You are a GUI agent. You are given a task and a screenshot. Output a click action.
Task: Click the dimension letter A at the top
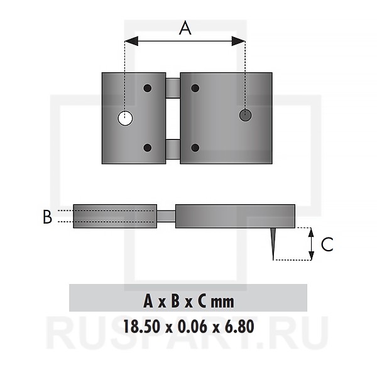tap(185, 28)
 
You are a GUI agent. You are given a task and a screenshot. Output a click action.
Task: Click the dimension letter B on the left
tap(47, 217)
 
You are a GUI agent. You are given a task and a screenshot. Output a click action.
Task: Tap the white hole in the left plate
tap(126, 117)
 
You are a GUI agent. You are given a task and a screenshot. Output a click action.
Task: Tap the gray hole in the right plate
tap(245, 114)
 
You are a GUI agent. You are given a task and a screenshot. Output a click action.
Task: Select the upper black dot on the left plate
tap(148, 88)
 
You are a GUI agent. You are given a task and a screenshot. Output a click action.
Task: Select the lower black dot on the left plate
tap(148, 148)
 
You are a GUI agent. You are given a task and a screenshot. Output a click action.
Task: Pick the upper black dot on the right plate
tap(195, 88)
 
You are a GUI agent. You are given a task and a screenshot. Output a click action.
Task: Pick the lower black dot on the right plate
tap(195, 148)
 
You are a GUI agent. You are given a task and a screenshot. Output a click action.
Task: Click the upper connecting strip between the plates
tap(173, 88)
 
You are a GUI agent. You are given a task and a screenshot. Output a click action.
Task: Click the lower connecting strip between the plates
tap(173, 149)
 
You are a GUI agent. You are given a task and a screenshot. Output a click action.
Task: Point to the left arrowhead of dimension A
tap(128, 41)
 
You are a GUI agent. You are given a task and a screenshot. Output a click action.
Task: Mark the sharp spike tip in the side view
tap(273, 257)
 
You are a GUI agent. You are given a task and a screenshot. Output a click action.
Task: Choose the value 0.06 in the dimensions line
tap(189, 327)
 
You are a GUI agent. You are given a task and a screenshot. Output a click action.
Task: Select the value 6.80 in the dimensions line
tap(236, 327)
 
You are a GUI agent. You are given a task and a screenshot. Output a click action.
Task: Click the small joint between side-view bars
tap(166, 216)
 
